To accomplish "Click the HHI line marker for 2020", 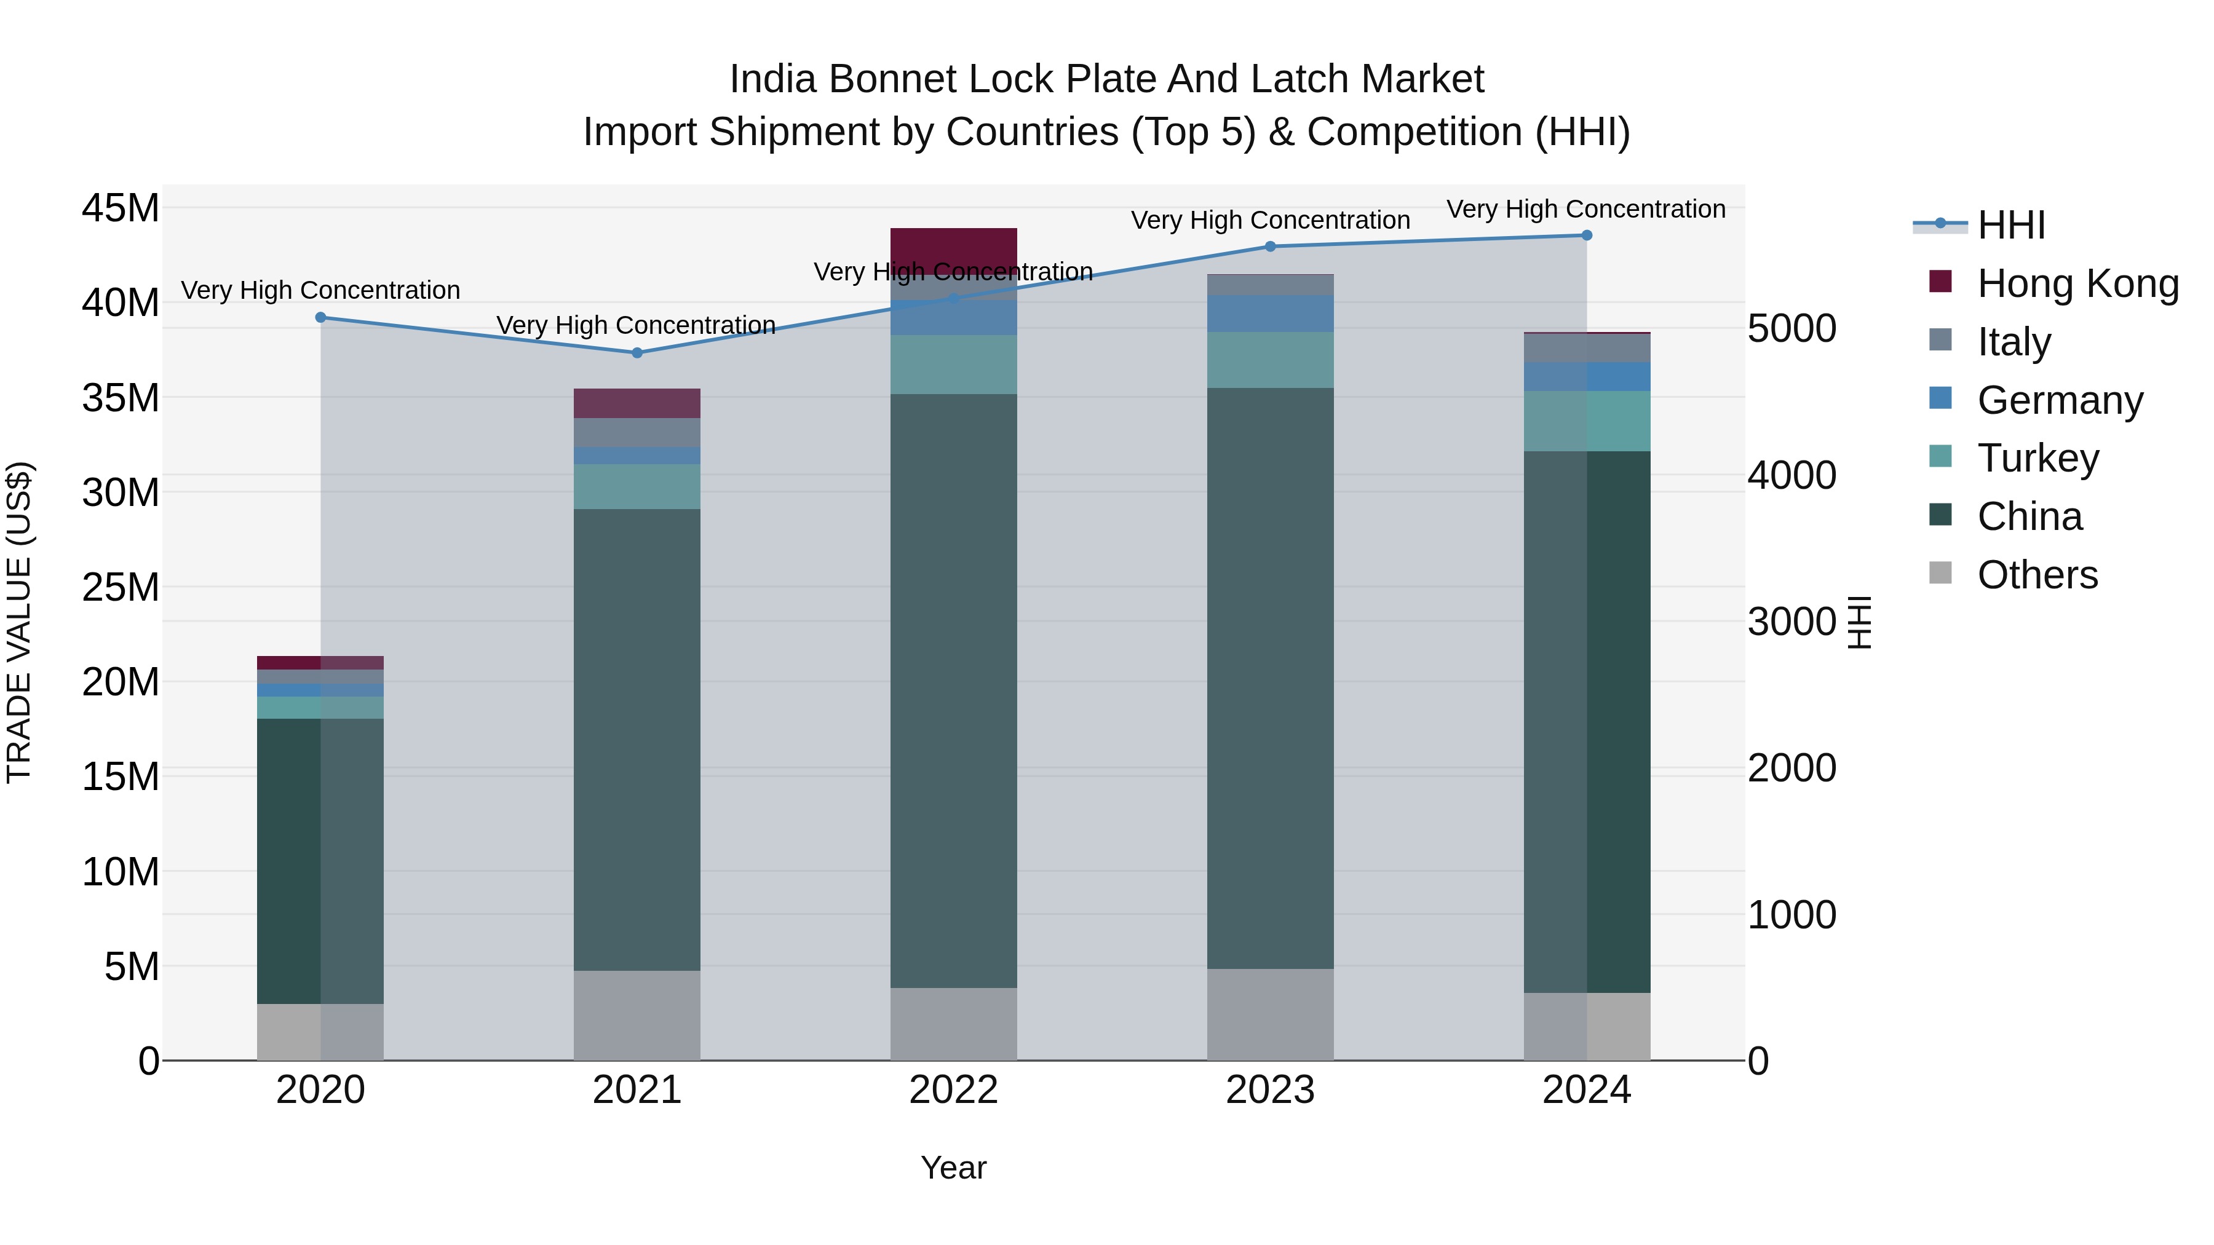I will tap(320, 317).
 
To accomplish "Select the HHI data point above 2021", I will tap(637, 352).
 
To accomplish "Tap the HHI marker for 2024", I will tap(1587, 235).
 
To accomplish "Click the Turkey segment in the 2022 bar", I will tap(953, 365).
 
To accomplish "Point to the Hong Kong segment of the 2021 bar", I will tap(637, 403).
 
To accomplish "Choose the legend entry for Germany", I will tap(2059, 400).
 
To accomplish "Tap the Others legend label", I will tap(2037, 575).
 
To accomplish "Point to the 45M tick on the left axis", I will tap(121, 208).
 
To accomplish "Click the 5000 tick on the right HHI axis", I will tap(1792, 328).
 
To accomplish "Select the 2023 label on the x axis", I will tap(1271, 1090).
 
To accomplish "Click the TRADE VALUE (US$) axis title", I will tap(19, 622).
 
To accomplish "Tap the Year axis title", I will tap(953, 1168).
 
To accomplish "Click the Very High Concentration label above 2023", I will tap(1271, 220).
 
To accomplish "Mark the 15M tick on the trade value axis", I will tap(121, 777).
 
